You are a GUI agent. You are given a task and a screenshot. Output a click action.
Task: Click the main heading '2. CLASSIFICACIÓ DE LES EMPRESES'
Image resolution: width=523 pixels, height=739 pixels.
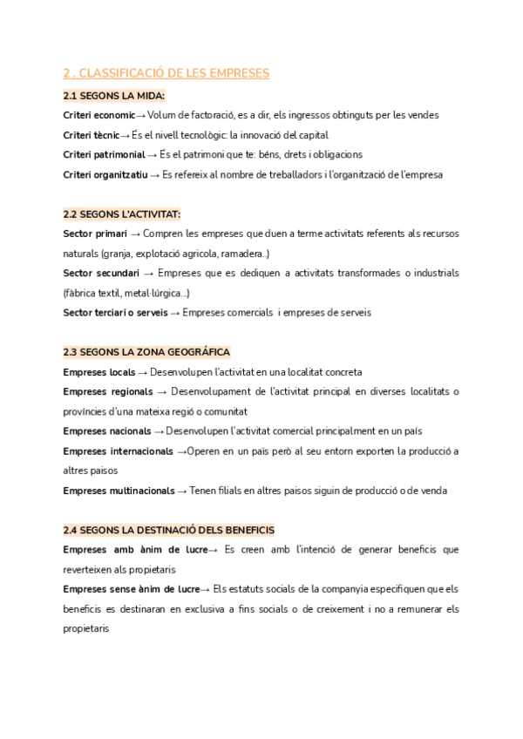pyautogui.click(x=166, y=73)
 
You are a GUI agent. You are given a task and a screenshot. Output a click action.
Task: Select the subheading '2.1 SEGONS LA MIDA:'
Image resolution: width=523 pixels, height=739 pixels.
pyautogui.click(x=114, y=95)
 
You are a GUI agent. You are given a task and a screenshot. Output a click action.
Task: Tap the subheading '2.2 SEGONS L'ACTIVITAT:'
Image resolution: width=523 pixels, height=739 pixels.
pyautogui.click(x=122, y=214)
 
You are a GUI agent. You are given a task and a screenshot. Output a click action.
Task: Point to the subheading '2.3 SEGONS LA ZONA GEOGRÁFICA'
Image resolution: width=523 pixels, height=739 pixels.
pyautogui.click(x=146, y=352)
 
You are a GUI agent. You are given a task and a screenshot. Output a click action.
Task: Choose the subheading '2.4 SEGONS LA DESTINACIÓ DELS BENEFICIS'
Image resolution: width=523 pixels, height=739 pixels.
pyautogui.click(x=169, y=530)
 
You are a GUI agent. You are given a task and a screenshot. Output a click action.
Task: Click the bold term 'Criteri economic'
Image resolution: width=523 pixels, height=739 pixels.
pyautogui.click(x=98, y=115)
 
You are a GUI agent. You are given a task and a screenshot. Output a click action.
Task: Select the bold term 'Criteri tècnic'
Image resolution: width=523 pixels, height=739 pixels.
pyautogui.click(x=92, y=135)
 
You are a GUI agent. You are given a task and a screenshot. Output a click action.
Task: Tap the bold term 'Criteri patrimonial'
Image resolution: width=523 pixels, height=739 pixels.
pyautogui.click(x=104, y=154)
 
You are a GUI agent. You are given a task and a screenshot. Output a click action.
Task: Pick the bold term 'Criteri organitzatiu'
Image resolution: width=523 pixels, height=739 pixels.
pyautogui.click(x=105, y=174)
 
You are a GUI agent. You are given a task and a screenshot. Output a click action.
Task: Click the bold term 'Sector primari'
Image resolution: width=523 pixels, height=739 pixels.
pyautogui.click(x=94, y=234)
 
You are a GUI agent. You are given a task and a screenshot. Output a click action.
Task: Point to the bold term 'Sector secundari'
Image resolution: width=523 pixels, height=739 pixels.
pyautogui.click(x=101, y=274)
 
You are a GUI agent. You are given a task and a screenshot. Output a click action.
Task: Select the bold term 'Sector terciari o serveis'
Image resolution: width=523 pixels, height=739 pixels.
pyautogui.click(x=115, y=313)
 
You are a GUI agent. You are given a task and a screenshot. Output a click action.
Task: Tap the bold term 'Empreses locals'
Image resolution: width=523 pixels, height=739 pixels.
pyautogui.click(x=98, y=372)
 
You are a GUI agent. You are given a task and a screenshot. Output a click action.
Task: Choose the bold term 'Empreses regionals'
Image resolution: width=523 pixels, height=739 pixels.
pyautogui.click(x=108, y=391)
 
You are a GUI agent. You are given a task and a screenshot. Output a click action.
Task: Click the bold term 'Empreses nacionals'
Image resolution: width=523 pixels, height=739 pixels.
pyautogui.click(x=107, y=431)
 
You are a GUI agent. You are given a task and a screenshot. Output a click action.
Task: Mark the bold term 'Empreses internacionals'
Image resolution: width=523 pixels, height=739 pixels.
pyautogui.click(x=118, y=451)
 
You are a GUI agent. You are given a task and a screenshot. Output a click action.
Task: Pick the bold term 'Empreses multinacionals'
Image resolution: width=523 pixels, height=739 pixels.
pyautogui.click(x=119, y=491)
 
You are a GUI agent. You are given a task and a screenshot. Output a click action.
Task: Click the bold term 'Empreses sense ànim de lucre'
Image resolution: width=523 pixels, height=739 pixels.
pyautogui.click(x=131, y=589)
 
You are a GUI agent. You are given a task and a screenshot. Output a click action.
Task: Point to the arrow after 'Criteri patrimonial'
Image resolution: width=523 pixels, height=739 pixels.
pyautogui.click(x=153, y=154)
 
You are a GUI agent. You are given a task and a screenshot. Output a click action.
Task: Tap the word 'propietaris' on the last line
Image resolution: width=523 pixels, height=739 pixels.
pyautogui.click(x=85, y=628)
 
